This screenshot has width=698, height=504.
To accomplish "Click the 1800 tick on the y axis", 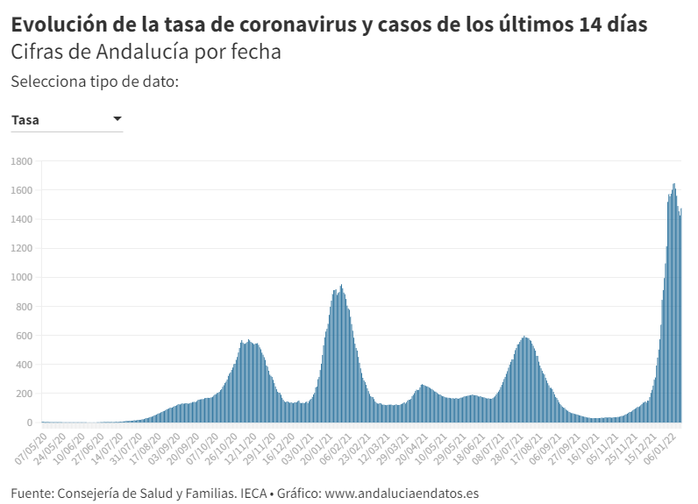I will (x=21, y=161).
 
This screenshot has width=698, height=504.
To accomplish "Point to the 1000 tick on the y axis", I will (x=21, y=278).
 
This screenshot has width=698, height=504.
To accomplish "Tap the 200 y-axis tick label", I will (x=24, y=394).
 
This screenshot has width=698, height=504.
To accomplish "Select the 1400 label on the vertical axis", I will (x=21, y=219).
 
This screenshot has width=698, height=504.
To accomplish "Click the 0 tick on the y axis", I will (x=29, y=422).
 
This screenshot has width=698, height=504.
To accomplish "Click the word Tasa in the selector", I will (x=25, y=120).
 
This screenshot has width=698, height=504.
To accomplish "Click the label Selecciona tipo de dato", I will (x=95, y=82).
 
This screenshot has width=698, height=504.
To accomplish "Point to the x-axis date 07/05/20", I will (x=31, y=445).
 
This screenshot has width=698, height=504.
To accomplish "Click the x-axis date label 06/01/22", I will (x=665, y=445).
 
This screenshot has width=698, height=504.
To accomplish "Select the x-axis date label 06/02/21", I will (x=335, y=445).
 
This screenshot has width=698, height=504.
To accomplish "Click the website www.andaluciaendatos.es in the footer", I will (x=402, y=493).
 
